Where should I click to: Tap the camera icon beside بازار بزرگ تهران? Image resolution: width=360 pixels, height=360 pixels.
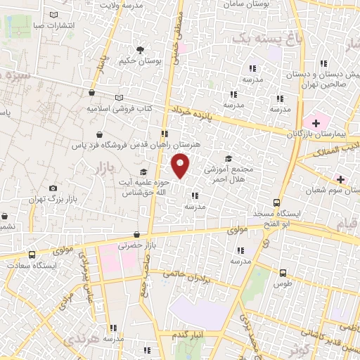pyautogui.click(x=53, y=188)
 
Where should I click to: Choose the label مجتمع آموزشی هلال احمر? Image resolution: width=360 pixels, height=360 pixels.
pyautogui.click(x=232, y=174)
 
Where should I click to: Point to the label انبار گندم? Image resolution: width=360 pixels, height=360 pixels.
pyautogui.click(x=190, y=335)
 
